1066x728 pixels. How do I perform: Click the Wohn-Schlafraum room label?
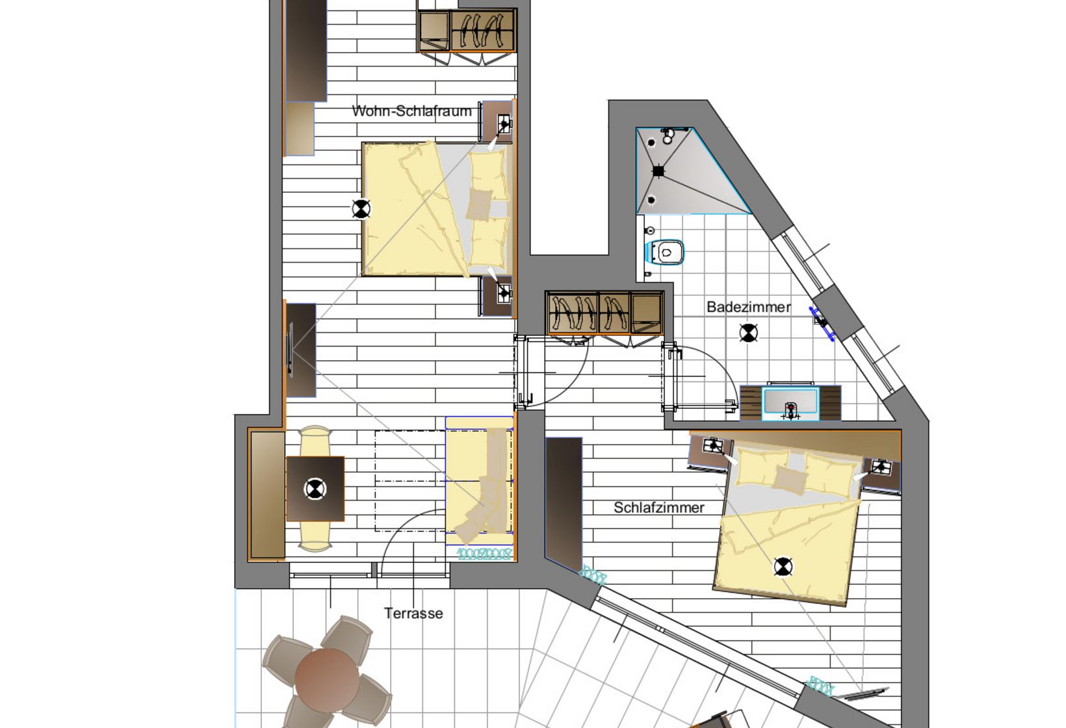pyautogui.click(x=411, y=111)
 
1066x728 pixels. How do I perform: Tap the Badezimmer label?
pyautogui.click(x=748, y=307)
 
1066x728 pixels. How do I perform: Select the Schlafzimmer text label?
pyautogui.click(x=658, y=508)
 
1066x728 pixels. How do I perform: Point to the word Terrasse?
pyautogui.click(x=413, y=613)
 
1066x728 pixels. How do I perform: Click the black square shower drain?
pyautogui.click(x=658, y=171)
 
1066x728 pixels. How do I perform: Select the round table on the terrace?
pyautogui.click(x=326, y=679)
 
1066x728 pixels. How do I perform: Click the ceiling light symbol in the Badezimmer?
pyautogui.click(x=749, y=333)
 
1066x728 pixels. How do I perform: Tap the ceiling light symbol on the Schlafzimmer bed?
pyautogui.click(x=783, y=567)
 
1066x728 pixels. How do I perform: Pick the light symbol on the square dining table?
pyautogui.click(x=315, y=488)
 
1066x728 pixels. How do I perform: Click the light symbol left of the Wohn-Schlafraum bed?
pyautogui.click(x=361, y=209)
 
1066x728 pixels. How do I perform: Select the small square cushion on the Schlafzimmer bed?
pyautogui.click(x=790, y=480)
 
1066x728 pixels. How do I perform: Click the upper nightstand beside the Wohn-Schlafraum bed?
pyautogui.click(x=497, y=122)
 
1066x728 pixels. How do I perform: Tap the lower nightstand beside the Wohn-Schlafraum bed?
pyautogui.click(x=497, y=296)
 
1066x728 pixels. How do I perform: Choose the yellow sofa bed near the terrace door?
pyautogui.click(x=480, y=481)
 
